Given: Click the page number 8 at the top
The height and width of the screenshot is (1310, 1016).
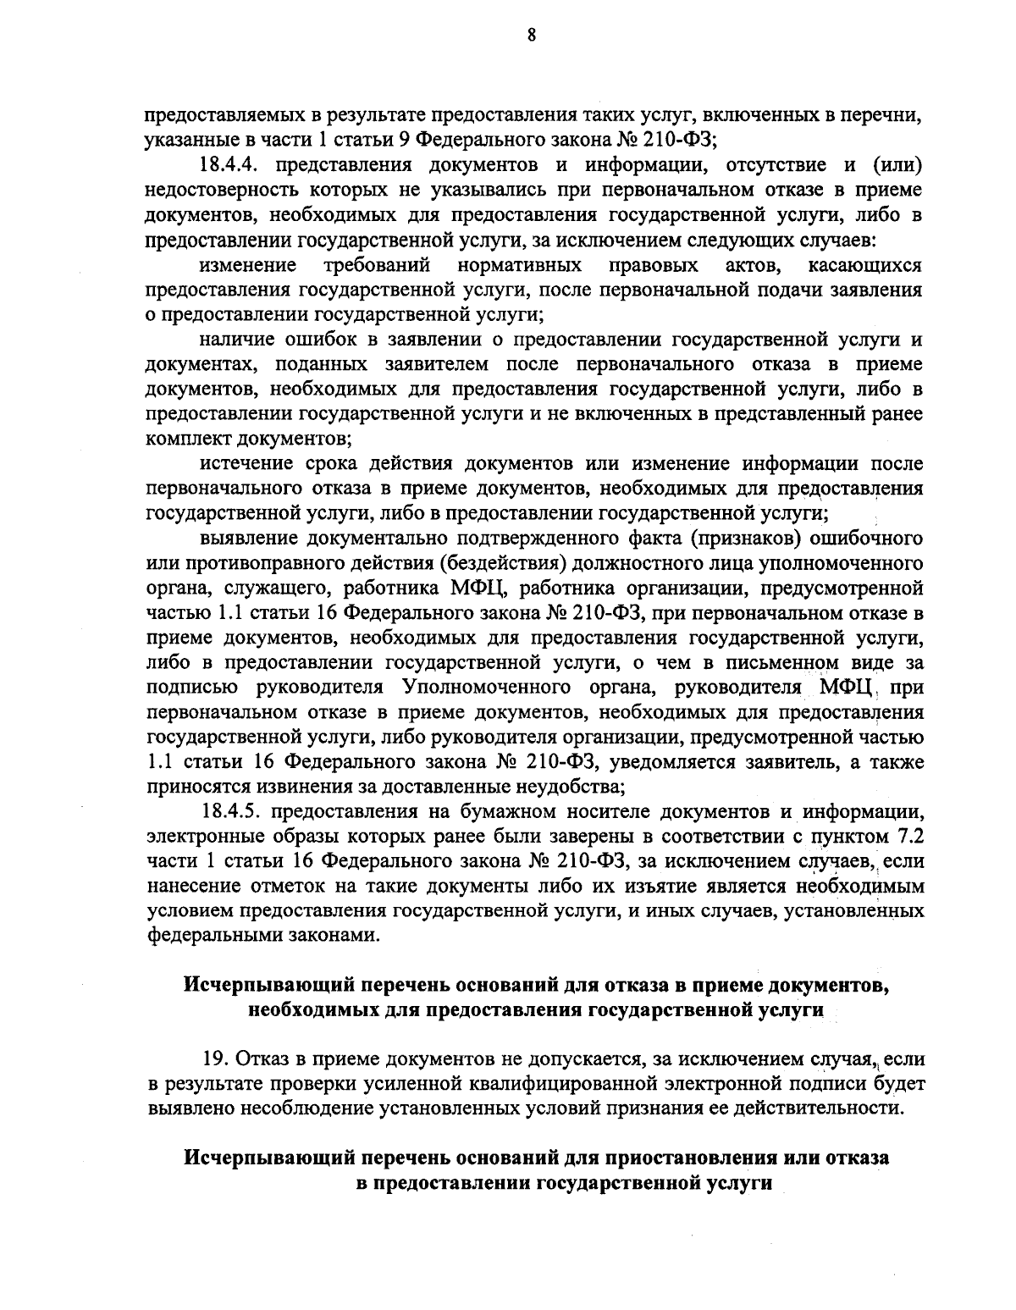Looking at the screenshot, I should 531,36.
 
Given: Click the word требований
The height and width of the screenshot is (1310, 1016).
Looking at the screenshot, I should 377,266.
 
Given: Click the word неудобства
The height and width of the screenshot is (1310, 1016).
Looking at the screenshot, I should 560,787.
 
